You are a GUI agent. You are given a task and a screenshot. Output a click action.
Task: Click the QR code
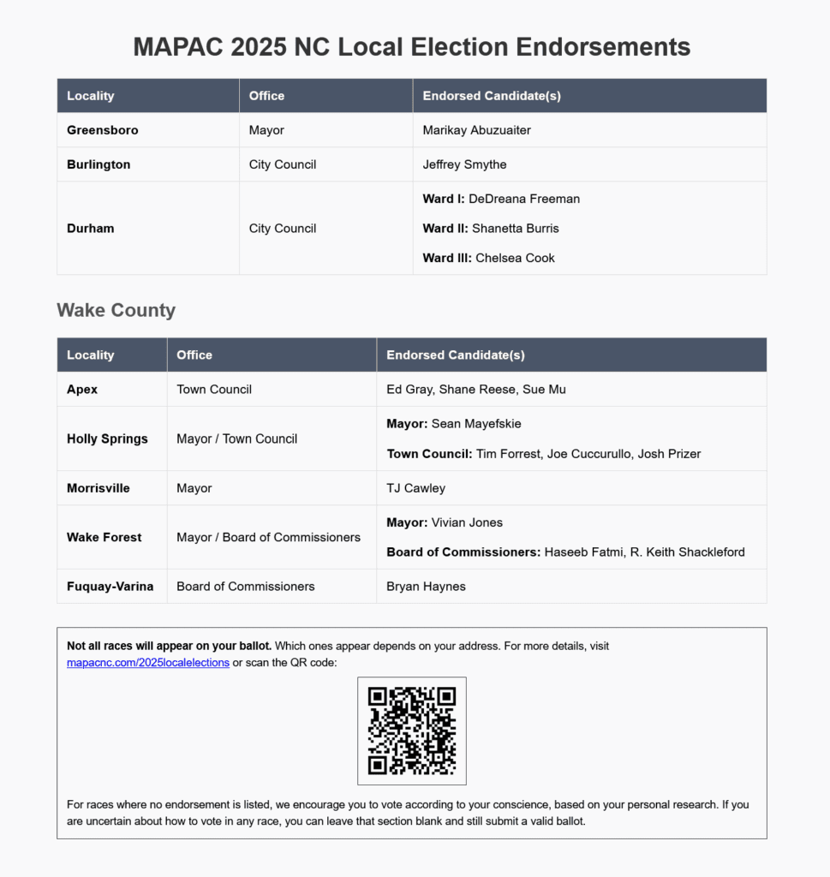(x=411, y=731)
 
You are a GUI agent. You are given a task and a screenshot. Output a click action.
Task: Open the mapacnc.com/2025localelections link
(x=148, y=663)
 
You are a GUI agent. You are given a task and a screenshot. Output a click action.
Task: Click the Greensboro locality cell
(x=103, y=130)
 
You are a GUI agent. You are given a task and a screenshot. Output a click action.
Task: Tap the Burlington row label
(x=99, y=164)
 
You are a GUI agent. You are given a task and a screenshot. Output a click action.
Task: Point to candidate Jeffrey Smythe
(x=464, y=164)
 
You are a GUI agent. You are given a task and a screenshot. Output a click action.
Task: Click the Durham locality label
(x=91, y=229)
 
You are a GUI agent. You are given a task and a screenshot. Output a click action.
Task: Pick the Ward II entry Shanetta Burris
(x=515, y=229)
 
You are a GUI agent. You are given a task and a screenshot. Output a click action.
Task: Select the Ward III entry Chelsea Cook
(x=515, y=258)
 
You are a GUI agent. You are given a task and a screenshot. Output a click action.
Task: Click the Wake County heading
(x=116, y=310)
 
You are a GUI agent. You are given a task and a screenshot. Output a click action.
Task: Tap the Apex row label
(x=82, y=390)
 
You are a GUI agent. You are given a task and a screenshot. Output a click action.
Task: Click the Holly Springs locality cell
(x=107, y=438)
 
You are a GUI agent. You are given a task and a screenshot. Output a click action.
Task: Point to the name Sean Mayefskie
(x=476, y=424)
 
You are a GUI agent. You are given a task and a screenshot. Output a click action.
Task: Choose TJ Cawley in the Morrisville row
(x=416, y=488)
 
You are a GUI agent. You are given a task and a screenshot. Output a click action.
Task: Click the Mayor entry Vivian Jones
(x=467, y=522)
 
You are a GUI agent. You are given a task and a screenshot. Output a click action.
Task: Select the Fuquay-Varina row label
(x=110, y=587)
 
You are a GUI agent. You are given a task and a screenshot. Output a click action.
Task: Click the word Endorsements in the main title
(x=605, y=46)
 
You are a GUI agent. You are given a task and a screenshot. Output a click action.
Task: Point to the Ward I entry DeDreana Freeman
(x=524, y=199)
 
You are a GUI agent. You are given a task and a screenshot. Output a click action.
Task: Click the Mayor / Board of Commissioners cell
(x=268, y=537)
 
